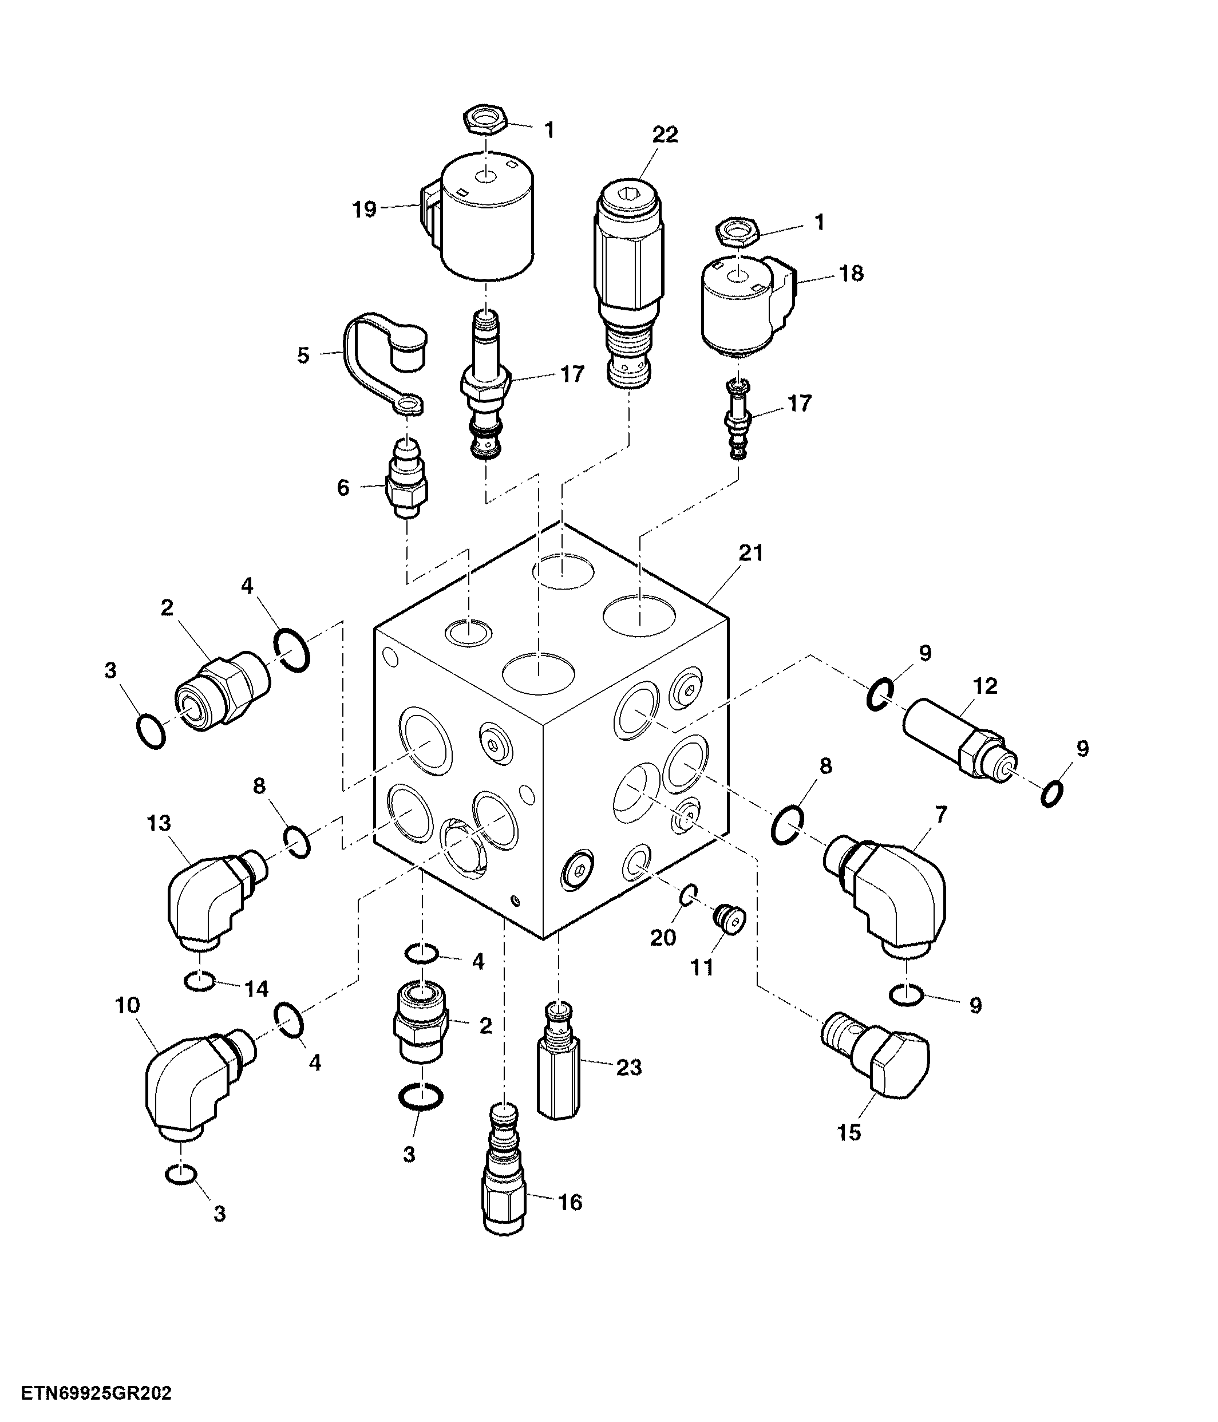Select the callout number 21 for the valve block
(751, 552)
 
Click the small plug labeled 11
(729, 919)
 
